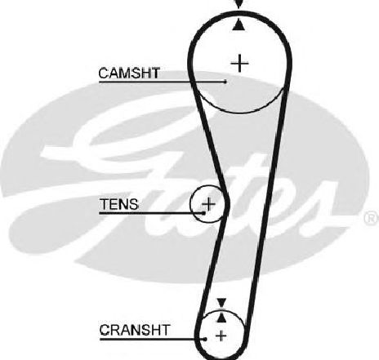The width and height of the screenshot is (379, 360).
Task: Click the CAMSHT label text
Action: pyautogui.click(x=129, y=73)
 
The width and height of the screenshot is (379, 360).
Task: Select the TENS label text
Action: pyautogui.click(x=119, y=204)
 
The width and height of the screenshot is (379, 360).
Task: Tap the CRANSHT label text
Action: pyautogui.click(x=135, y=330)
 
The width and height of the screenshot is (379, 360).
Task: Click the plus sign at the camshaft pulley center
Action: pyautogui.click(x=239, y=64)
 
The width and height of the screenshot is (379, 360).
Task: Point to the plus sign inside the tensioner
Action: pyautogui.click(x=208, y=204)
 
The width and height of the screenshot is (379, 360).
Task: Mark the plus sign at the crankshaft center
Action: pyautogui.click(x=221, y=336)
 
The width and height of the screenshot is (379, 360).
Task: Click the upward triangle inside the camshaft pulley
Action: pyautogui.click(x=239, y=24)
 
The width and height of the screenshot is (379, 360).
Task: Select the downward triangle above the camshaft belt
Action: pyautogui.click(x=239, y=3)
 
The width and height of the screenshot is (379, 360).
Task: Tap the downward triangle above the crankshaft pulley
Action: pyautogui.click(x=221, y=303)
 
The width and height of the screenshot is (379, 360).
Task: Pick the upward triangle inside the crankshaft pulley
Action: pyautogui.click(x=221, y=318)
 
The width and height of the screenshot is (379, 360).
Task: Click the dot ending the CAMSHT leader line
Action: pyautogui.click(x=225, y=82)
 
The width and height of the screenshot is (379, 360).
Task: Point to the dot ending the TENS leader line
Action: pyautogui.click(x=203, y=213)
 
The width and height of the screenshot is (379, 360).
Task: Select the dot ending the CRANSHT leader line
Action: pyautogui.click(x=205, y=339)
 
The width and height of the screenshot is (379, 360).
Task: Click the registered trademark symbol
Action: pyautogui.click(x=372, y=218)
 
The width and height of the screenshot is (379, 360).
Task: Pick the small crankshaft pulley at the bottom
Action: pyautogui.click(x=221, y=313)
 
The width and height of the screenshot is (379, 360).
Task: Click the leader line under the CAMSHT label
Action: pyautogui.click(x=163, y=82)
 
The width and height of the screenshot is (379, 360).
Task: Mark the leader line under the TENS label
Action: pyautogui.click(x=151, y=213)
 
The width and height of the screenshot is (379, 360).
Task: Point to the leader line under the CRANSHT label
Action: pyautogui.click(x=153, y=339)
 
